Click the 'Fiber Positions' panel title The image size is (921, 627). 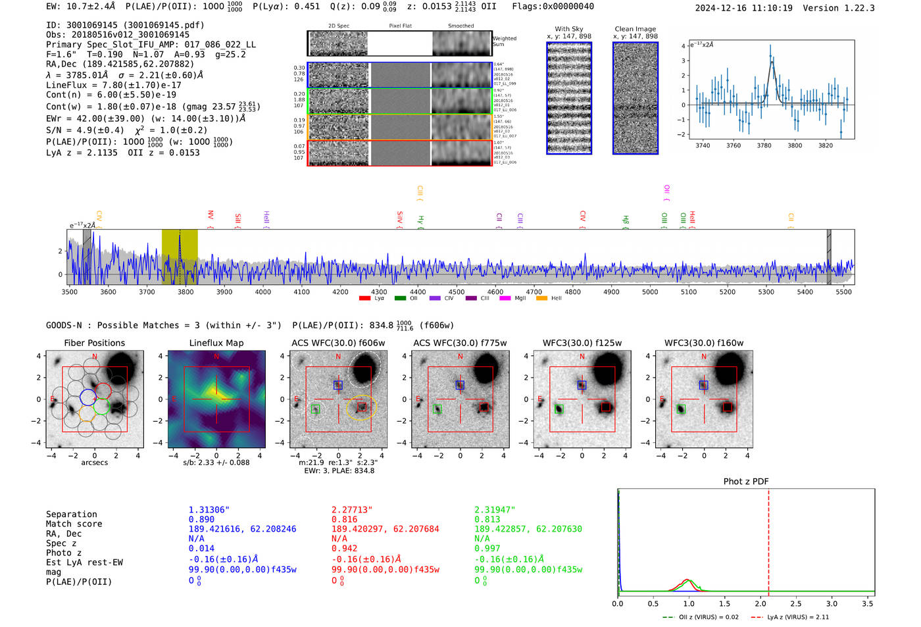pos(94,343)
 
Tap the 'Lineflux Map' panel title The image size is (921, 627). pos(216,343)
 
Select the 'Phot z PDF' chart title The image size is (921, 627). pos(746,482)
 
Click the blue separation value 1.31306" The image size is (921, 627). pos(209,510)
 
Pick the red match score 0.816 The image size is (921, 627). pos(345,519)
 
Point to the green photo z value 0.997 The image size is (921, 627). pos(487,548)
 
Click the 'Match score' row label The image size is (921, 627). pos(74,524)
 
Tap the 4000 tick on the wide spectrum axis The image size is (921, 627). pos(263,291)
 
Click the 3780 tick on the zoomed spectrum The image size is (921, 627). pos(764,145)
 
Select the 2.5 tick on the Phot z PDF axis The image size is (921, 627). pos(796,603)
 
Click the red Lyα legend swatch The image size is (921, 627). pos(364,299)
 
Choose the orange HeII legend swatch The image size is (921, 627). pos(541,299)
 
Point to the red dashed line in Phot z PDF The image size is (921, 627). pos(768,539)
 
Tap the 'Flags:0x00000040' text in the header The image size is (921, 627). pos(553,7)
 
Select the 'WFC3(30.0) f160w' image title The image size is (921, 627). pos(704,343)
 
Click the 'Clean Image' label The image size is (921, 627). pos(635,29)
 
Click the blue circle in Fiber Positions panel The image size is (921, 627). pos(87,397)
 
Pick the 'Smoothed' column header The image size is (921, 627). pos(460,26)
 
